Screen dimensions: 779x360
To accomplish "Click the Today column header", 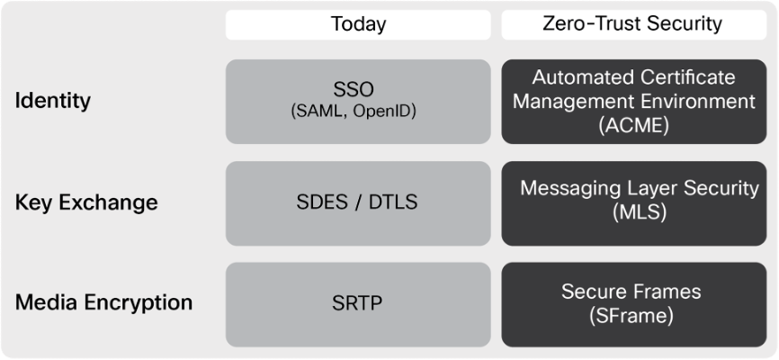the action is tap(358, 24).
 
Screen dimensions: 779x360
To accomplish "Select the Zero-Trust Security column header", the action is tap(633, 24).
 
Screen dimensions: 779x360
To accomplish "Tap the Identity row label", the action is tap(53, 101).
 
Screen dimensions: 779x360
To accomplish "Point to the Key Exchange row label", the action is tap(86, 202).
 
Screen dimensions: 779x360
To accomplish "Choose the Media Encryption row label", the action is tap(103, 302).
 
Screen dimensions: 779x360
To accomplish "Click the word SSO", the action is tap(354, 90).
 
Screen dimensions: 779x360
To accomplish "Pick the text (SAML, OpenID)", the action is tap(354, 112).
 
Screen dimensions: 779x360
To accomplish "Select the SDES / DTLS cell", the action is tap(357, 202).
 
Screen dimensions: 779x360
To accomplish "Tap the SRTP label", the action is tap(357, 303).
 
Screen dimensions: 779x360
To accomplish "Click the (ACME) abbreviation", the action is tap(633, 125).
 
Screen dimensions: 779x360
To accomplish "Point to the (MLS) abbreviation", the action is tap(639, 212).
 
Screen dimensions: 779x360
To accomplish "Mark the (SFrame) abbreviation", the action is tap(631, 315).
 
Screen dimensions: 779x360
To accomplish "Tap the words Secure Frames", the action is tap(631, 292).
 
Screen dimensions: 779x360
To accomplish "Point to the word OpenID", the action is tap(384, 112).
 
